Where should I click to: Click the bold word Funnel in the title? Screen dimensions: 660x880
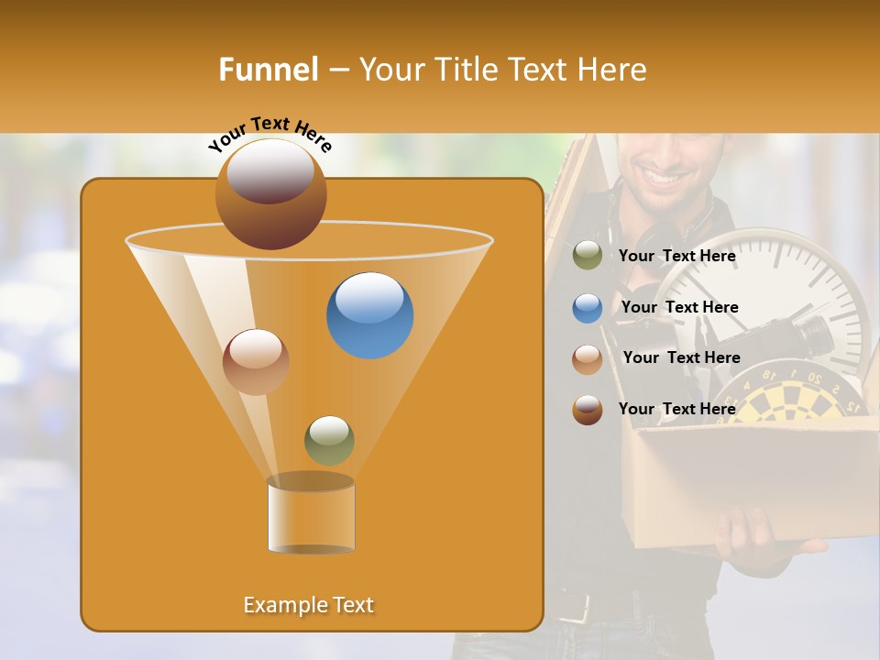pyautogui.click(x=269, y=70)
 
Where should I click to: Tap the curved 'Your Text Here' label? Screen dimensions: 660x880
pyautogui.click(x=269, y=134)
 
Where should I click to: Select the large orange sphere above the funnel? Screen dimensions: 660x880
pyautogui.click(x=270, y=193)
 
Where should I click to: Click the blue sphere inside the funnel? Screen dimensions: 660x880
pyautogui.click(x=369, y=315)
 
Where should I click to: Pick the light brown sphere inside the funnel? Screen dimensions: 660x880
pyautogui.click(x=256, y=362)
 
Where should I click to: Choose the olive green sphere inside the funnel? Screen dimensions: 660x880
pyautogui.click(x=329, y=440)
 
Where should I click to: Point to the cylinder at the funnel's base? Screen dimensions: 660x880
pyautogui.click(x=311, y=515)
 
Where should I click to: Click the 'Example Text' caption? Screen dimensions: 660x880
pyautogui.click(x=308, y=605)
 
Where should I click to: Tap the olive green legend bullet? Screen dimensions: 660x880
pyautogui.click(x=588, y=256)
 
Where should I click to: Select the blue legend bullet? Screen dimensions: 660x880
pyautogui.click(x=588, y=308)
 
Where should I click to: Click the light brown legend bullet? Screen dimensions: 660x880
pyautogui.click(x=588, y=359)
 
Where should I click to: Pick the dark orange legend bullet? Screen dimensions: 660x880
pyautogui.click(x=588, y=410)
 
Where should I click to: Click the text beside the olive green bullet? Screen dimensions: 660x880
pyautogui.click(x=676, y=257)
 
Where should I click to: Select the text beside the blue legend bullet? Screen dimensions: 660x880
pyautogui.click(x=679, y=308)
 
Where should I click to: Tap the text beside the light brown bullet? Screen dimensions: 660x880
pyautogui.click(x=681, y=358)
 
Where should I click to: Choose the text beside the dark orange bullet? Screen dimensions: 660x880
pyautogui.click(x=676, y=409)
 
